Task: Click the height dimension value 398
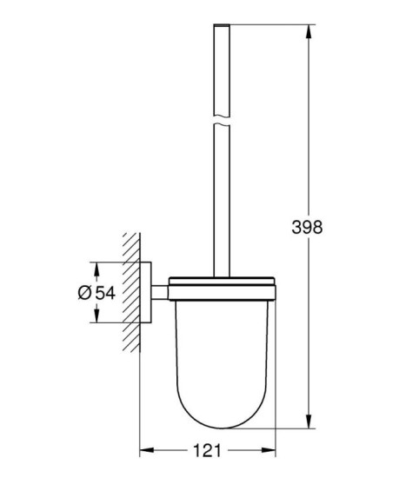pos(306,227)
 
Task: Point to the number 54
pos(104,293)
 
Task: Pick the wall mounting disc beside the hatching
pos(149,292)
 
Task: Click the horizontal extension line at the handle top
pos(261,26)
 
